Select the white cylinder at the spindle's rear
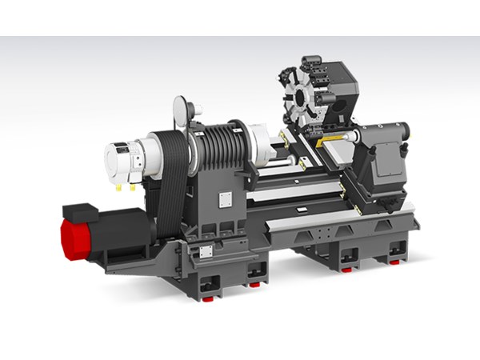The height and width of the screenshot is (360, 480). pos(121,161)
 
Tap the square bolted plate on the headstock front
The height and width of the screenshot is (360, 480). pos(226,200)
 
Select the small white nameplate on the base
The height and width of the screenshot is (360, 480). pos(206,251)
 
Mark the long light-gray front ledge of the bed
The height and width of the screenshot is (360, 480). pos(336,217)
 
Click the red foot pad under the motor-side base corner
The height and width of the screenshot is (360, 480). pos(207,298)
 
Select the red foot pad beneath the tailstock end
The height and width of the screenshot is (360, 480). pos(394,261)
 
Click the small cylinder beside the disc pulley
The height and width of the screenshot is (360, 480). pos(198,109)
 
